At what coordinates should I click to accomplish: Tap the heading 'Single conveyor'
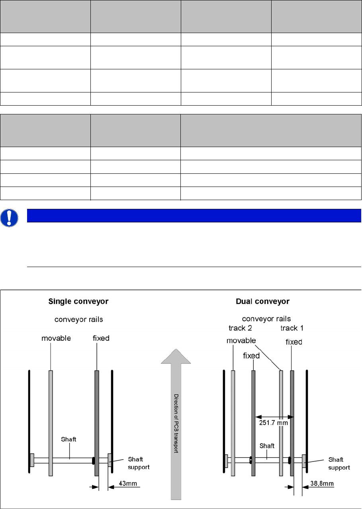(78, 302)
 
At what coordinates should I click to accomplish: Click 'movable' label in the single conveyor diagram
(56, 338)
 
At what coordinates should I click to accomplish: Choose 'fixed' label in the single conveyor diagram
(98, 338)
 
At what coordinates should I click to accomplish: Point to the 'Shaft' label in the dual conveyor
(266, 446)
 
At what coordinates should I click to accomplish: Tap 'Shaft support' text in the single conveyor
(139, 463)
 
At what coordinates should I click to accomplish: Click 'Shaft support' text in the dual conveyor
(339, 463)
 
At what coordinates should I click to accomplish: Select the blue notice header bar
(194, 216)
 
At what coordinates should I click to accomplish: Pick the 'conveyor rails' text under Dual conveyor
(266, 319)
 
